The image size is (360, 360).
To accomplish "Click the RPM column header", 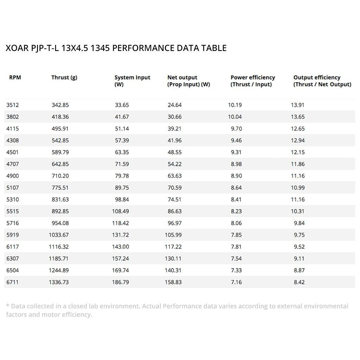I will (15, 77).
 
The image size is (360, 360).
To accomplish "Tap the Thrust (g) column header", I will (64, 77).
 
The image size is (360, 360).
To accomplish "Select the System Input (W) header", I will (132, 81).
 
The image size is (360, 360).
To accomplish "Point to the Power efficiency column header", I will (252, 81).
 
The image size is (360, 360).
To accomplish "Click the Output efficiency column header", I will (322, 81).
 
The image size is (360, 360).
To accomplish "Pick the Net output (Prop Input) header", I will (188, 81).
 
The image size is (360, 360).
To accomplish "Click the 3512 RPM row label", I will (13, 105).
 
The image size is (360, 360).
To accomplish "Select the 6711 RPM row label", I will (13, 282).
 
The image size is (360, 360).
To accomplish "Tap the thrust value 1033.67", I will (59, 235).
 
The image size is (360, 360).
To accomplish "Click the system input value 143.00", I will (120, 247).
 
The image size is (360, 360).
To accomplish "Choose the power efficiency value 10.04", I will (235, 117).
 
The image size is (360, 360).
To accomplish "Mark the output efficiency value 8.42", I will (299, 282).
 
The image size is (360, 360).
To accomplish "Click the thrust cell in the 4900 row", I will (60, 176).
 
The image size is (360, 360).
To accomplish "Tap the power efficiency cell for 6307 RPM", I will (236, 258).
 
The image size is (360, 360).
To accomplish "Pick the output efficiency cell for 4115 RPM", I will (298, 129).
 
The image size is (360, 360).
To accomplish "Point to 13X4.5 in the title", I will (74, 48).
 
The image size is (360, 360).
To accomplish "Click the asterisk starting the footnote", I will (8, 306).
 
